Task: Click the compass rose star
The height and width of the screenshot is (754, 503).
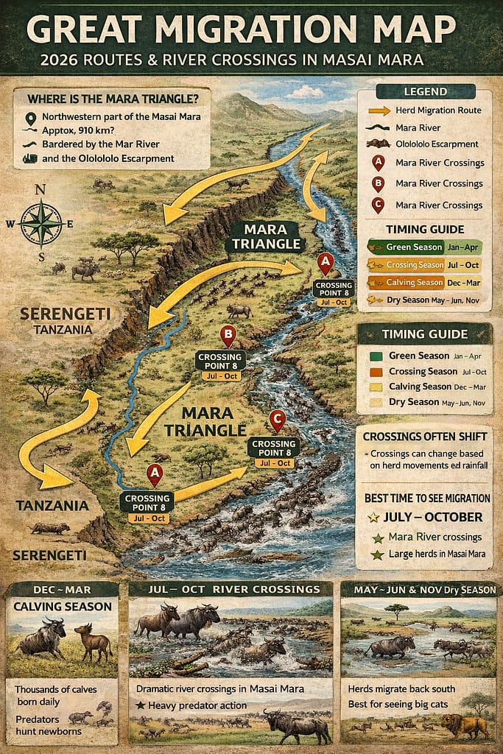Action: pos(41,223)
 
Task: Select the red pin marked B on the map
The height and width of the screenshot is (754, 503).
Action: pos(228,337)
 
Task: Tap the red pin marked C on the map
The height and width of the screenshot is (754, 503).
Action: pos(277,421)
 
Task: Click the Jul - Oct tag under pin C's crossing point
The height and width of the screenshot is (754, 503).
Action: pos(274,463)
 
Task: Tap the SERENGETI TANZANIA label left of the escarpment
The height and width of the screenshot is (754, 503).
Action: pos(65,320)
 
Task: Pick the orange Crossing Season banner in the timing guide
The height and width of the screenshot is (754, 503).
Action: pos(417,265)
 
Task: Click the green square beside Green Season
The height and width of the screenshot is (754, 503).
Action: pos(373,356)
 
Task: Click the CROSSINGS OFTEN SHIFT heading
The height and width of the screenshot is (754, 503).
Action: pos(424,436)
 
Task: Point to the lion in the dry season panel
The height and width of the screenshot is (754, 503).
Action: pos(464,725)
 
